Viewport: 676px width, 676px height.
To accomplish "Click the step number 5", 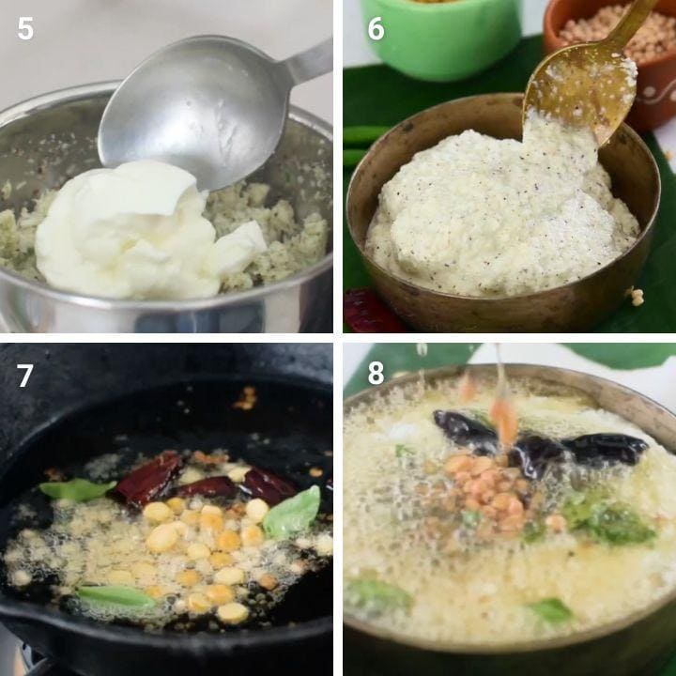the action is (25, 29).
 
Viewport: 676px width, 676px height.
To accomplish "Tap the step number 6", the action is (376, 29).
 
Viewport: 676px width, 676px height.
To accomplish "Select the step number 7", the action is (24, 375).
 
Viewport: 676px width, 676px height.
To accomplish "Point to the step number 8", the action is (376, 373).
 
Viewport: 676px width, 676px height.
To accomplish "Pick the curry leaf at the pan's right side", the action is (292, 513).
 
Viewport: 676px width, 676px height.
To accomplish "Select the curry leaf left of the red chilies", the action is (77, 490).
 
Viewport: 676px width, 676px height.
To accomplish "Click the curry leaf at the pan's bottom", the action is (115, 596).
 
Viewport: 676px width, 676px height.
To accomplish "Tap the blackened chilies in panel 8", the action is (539, 444).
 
